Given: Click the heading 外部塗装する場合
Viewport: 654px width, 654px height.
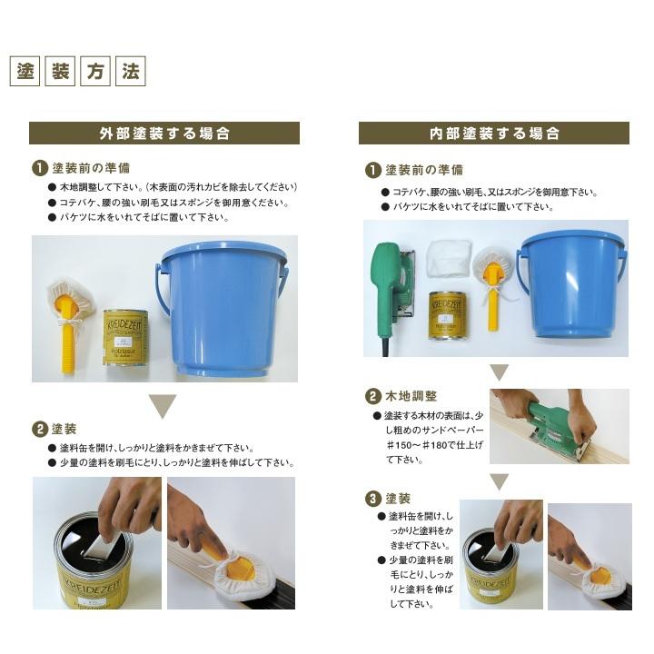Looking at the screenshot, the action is [164, 134].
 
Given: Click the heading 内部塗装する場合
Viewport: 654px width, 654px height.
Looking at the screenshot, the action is [494, 134].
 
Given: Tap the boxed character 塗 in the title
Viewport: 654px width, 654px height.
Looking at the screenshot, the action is [25, 72].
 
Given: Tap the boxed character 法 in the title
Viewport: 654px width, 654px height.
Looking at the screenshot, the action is [131, 72].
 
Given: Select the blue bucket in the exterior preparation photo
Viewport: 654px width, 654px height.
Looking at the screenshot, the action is [222, 308].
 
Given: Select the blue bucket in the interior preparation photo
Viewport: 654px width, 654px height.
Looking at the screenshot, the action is [572, 284].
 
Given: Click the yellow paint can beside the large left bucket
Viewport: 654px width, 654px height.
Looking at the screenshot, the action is [125, 337].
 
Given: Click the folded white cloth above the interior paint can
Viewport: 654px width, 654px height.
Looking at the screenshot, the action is [449, 257].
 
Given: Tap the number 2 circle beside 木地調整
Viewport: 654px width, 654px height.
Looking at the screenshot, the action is [372, 396].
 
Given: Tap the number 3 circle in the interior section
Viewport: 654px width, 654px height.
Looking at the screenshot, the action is [372, 499].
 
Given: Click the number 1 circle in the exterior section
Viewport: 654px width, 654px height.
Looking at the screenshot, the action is [40, 169].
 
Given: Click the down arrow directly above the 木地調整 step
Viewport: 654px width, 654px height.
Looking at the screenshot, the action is [499, 372].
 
